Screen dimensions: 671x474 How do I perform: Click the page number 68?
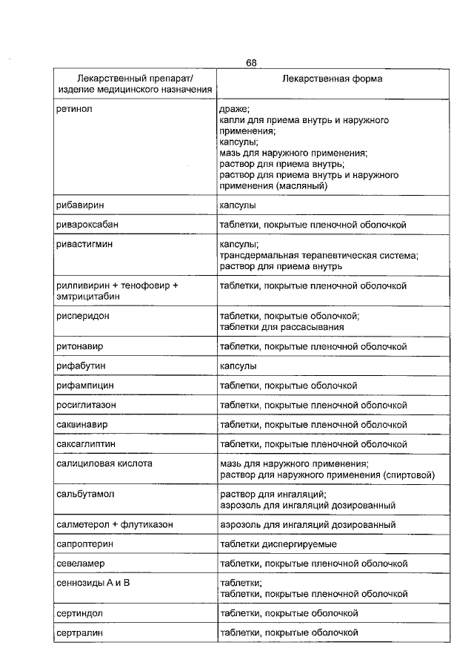[x=252, y=63]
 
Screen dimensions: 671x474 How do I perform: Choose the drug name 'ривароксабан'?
[x=87, y=224]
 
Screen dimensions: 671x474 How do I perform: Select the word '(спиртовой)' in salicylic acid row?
[x=409, y=475]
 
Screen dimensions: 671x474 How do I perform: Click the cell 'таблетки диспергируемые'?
[x=278, y=544]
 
